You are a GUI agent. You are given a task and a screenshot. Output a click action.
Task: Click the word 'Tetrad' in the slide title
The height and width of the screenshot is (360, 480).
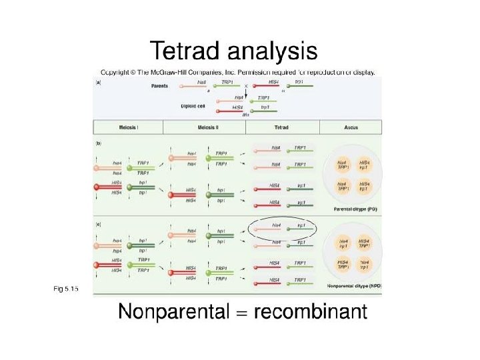coord(186,51)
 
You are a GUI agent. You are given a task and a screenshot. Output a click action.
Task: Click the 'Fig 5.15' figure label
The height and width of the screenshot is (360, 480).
coord(66,288)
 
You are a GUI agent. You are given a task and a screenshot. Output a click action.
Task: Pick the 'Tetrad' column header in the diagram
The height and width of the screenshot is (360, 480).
coord(281,127)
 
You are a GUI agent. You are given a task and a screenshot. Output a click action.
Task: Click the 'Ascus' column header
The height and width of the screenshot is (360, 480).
coord(351,127)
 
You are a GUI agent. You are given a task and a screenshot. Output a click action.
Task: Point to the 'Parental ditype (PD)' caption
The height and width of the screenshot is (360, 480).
coord(352,209)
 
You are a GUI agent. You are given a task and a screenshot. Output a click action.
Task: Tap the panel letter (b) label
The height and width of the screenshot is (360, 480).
coord(99,143)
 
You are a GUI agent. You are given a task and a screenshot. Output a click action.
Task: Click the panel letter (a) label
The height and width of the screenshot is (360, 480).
coord(99,83)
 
